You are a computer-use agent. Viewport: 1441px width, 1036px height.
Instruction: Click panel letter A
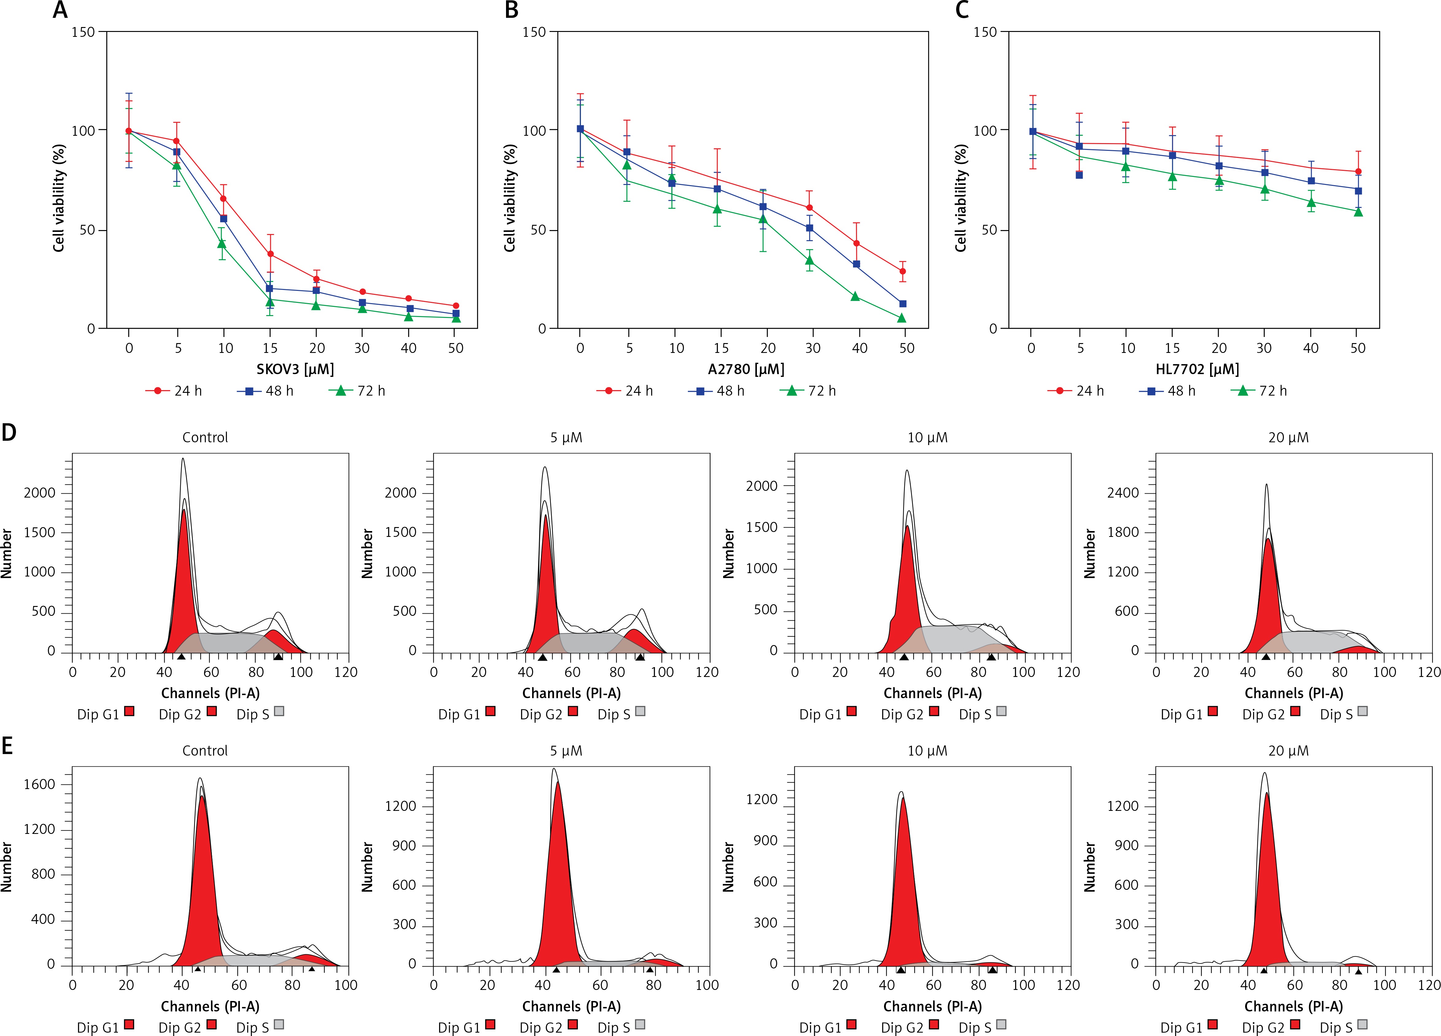click(60, 10)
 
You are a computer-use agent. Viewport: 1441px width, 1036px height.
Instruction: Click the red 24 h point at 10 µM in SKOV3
click(223, 198)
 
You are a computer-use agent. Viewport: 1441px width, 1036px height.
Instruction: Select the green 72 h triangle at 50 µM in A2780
click(902, 318)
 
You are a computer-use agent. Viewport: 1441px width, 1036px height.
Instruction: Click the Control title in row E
click(204, 751)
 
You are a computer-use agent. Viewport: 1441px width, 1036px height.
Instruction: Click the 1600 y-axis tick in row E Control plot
click(39, 784)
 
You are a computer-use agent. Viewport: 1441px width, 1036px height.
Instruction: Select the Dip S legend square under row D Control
click(279, 711)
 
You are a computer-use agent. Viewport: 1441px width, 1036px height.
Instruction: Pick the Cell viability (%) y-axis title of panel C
click(961, 198)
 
